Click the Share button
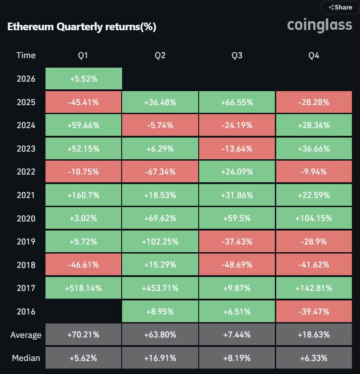tap(341, 7)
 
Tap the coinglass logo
tap(319, 25)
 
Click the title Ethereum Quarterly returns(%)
tap(82, 27)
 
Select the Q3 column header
tap(237, 55)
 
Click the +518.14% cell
tap(84, 288)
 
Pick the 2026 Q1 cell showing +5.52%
tap(84, 79)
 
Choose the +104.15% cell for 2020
tap(314, 218)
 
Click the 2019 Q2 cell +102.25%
tap(160, 241)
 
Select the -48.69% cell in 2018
tap(237, 265)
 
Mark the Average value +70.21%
tap(84, 335)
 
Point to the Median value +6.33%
tap(314, 358)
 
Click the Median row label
tap(26, 358)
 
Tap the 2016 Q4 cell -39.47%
tap(314, 311)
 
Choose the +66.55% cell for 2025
tap(237, 102)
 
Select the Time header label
tap(26, 55)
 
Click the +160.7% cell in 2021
tap(84, 195)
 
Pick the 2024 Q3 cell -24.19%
tap(237, 125)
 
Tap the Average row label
tap(26, 335)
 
